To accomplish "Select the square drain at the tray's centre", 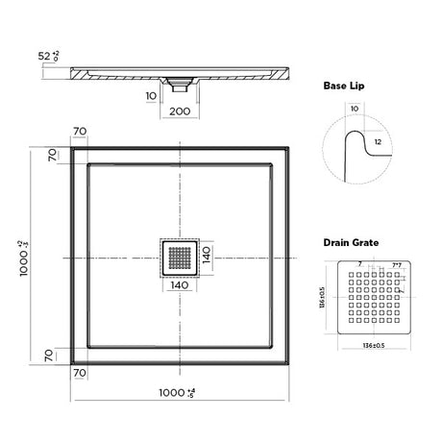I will pos(178,258).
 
